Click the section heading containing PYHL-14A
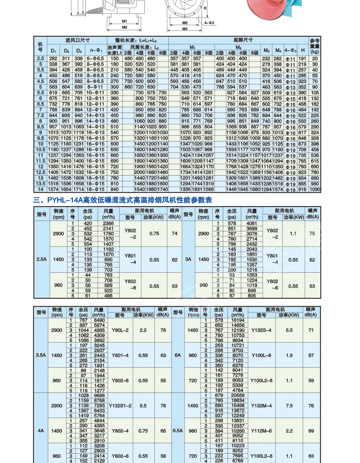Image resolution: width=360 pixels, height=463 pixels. (122, 200)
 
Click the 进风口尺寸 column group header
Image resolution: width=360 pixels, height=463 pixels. (77, 40)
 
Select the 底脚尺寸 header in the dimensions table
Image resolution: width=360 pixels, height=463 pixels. (243, 40)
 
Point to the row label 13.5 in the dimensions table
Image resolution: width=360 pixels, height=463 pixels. (40, 183)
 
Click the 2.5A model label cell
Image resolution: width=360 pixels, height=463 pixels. (41, 259)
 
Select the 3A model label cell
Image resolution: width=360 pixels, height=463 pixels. (188, 259)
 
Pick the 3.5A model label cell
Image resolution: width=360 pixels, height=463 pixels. (41, 355)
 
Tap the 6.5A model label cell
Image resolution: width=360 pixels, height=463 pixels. (178, 430)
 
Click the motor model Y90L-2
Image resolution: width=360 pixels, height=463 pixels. (120, 330)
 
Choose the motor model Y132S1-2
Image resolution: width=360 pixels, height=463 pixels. (120, 405)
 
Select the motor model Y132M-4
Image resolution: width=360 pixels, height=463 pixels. (261, 405)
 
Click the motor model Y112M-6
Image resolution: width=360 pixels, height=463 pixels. (261, 431)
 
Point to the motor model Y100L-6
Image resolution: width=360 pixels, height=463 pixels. (261, 355)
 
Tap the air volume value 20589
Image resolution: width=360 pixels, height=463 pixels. (238, 395)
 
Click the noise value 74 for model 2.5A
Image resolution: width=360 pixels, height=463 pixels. (175, 233)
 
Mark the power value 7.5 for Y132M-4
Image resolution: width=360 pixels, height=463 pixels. (289, 405)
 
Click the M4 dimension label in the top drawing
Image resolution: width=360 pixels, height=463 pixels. (185, 29)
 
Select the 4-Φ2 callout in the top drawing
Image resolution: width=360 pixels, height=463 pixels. (209, 23)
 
